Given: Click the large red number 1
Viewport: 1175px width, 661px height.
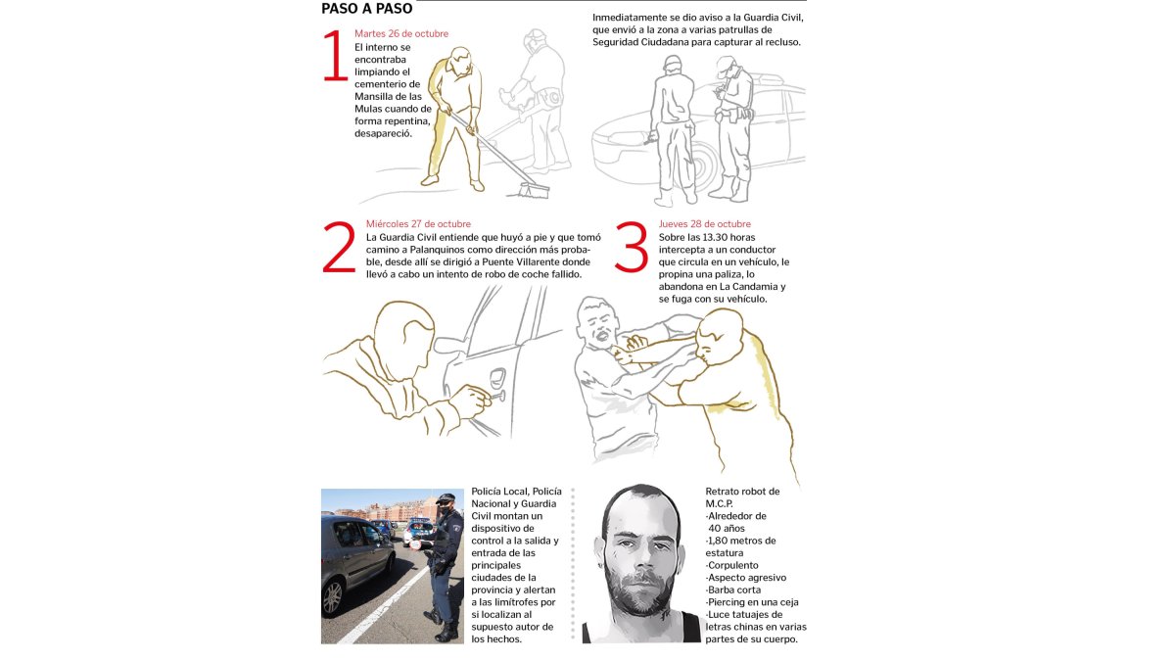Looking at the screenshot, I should coord(335,57).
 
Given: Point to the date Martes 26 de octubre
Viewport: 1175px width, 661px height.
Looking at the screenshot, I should coord(401,33).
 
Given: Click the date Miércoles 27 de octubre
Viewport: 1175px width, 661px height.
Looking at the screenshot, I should coord(418,223).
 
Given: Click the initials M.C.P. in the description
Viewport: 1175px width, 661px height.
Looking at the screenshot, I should coord(720,503).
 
